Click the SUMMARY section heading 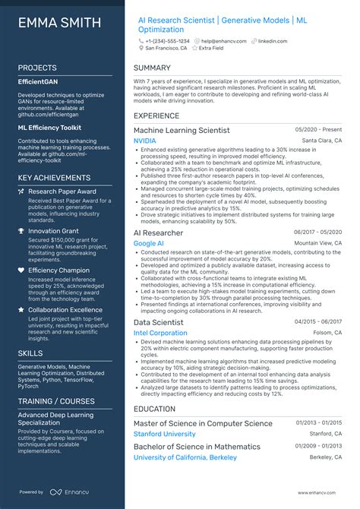click(152, 67)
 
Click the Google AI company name click(148, 243)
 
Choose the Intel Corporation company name click(159, 333)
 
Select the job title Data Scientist click(159, 322)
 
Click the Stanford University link click(164, 434)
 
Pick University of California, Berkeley click(185, 457)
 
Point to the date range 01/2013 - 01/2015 click(317, 423)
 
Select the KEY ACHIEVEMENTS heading click(54, 178)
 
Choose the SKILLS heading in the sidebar click(30, 353)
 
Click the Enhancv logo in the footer click(68, 492)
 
